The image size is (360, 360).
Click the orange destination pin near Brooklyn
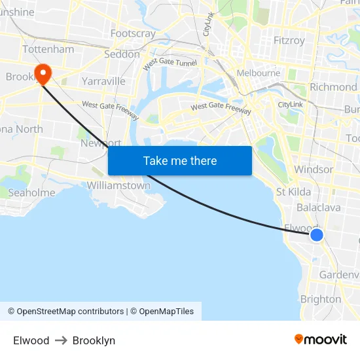(x=43, y=73)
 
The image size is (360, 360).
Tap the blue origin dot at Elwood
(x=316, y=234)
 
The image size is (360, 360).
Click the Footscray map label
(x=133, y=33)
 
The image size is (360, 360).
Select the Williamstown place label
(x=118, y=185)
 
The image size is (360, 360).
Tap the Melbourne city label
(x=258, y=73)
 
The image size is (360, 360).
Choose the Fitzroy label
(x=289, y=41)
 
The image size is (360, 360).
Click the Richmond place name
(x=333, y=86)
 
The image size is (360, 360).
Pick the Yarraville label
(x=103, y=81)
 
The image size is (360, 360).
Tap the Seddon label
(x=122, y=54)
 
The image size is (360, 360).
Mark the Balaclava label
(x=319, y=207)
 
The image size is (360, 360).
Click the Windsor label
(x=314, y=169)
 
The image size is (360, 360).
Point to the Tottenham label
(x=48, y=49)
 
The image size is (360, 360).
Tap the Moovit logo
(x=321, y=339)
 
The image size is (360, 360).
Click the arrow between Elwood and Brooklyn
(x=61, y=340)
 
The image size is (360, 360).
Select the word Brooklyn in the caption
(x=94, y=340)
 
